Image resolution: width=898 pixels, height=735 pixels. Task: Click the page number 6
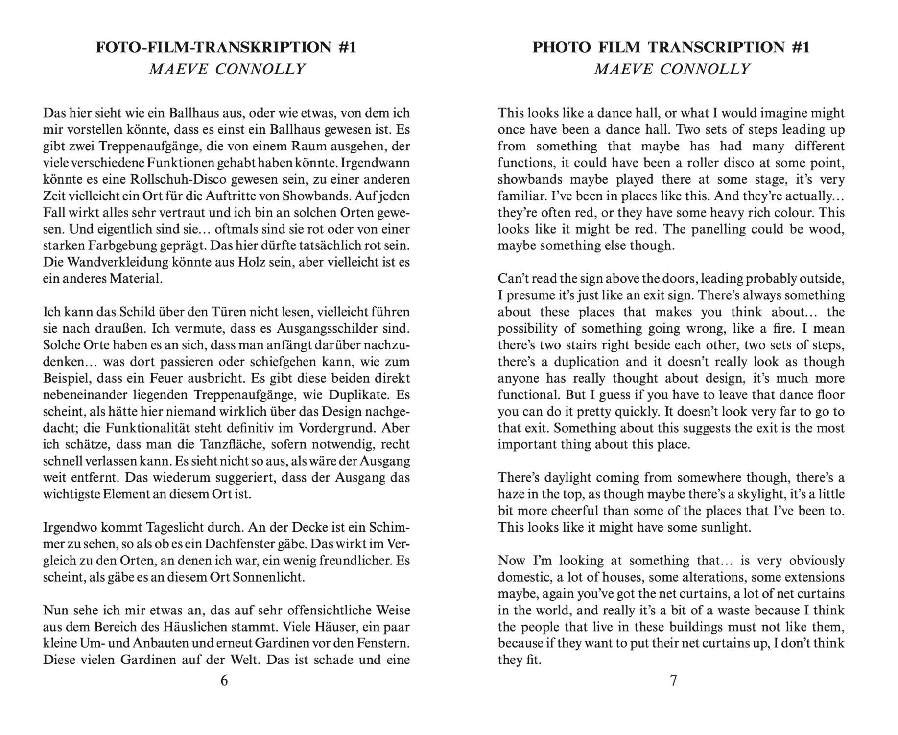click(x=224, y=681)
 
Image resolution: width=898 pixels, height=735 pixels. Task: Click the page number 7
click(x=673, y=681)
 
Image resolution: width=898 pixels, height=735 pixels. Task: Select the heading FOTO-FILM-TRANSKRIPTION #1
click(x=226, y=48)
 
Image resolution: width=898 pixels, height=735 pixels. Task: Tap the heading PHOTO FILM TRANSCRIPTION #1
click(x=671, y=48)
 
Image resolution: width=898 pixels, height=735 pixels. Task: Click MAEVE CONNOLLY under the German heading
click(x=227, y=70)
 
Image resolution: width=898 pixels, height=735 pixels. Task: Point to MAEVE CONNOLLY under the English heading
click(x=672, y=70)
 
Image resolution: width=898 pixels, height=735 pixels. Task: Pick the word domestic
click(x=524, y=577)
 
